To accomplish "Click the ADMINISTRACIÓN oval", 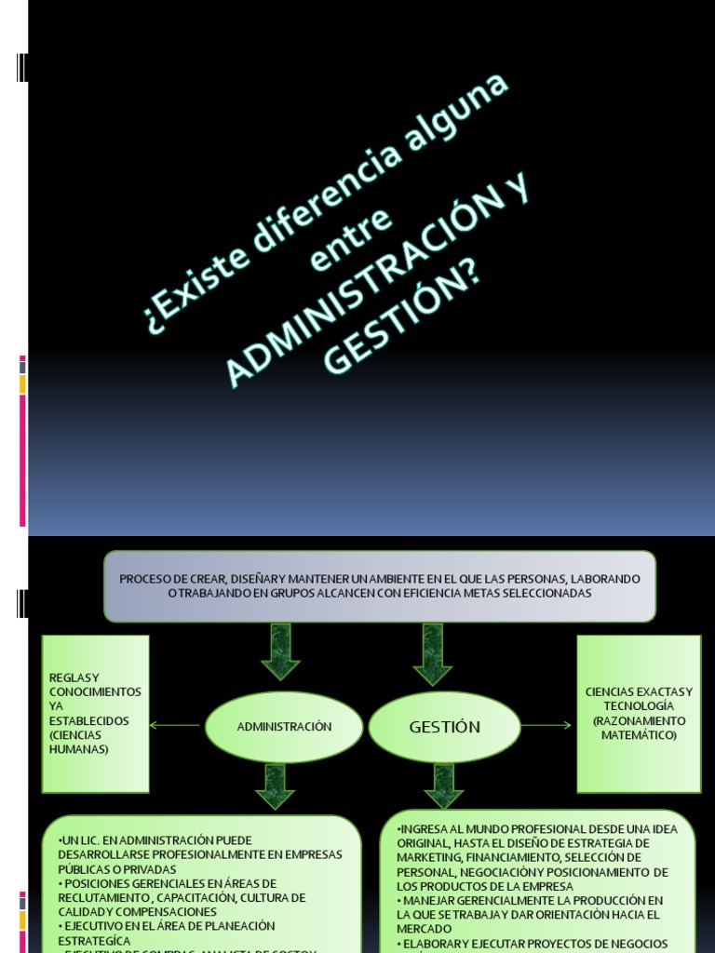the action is coord(284,727).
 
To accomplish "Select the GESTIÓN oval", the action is coord(444,727).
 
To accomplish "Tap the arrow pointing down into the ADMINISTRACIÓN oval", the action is coord(279,651).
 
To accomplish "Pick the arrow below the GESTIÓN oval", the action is coord(443,785).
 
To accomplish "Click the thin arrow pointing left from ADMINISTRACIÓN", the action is coord(175,725).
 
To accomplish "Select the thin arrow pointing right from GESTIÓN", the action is coord(546,725).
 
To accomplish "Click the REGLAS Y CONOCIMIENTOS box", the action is coord(95,713).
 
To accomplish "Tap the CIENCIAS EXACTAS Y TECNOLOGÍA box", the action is coord(639,713).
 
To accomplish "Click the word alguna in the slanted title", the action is coord(456,116).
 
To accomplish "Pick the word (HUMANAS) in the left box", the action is coord(79,749).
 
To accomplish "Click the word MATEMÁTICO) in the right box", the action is coord(639,735).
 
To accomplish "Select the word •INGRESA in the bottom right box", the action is coord(425,828).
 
